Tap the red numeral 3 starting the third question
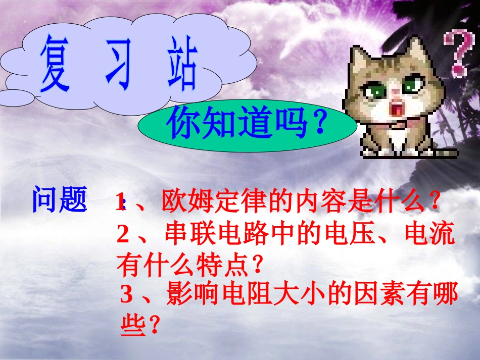coord(127,295)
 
